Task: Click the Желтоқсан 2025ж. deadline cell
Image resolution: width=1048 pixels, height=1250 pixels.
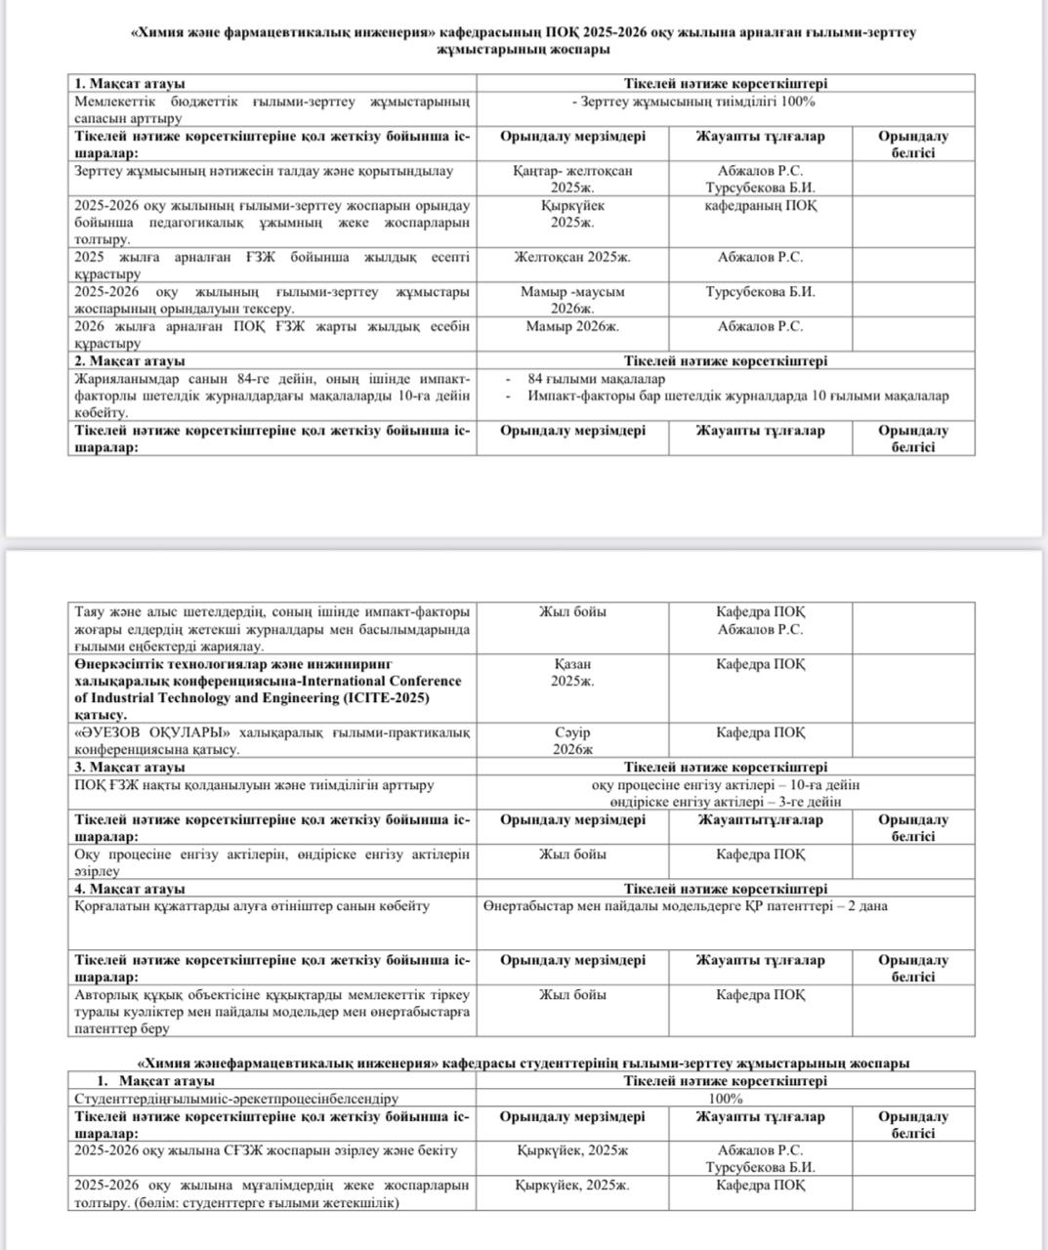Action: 572,258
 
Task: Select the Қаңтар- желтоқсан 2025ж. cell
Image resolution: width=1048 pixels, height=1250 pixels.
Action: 572,179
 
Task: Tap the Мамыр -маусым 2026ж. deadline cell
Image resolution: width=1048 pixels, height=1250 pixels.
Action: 572,300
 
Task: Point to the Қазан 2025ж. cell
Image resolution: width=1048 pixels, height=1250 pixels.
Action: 572,673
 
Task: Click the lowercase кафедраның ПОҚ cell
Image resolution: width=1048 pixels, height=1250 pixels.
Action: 760,206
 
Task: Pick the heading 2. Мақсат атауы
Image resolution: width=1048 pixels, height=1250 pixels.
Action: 130,361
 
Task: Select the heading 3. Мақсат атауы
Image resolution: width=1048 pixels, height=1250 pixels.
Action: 130,768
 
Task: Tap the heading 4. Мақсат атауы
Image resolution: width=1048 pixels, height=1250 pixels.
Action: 130,890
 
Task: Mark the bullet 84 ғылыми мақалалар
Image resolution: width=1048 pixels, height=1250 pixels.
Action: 596,379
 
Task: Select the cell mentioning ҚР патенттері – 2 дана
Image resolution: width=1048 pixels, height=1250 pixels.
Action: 685,906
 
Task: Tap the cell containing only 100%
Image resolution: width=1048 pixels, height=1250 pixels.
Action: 725,1099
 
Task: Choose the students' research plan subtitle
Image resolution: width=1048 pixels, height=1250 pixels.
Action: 523,1063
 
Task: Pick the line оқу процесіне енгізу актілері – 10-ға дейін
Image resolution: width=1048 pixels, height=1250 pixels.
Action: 725,785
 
